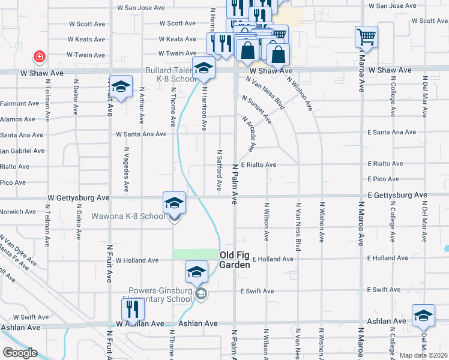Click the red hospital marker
coord(40,56)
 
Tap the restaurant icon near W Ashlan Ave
coord(133,309)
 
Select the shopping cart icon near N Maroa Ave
coord(366,37)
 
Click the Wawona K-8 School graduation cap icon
coord(174,202)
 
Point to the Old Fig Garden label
coord(234,260)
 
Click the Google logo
coord(19,353)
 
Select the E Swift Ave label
coord(256,291)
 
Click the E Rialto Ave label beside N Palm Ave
coord(258,165)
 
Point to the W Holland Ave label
coord(137,260)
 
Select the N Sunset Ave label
coord(257,109)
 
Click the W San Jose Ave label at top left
coord(140,8)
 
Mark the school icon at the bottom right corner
coord(423,316)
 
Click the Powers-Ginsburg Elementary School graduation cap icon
coord(196,272)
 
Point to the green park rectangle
coord(196,254)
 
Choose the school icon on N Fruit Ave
coord(121,87)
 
